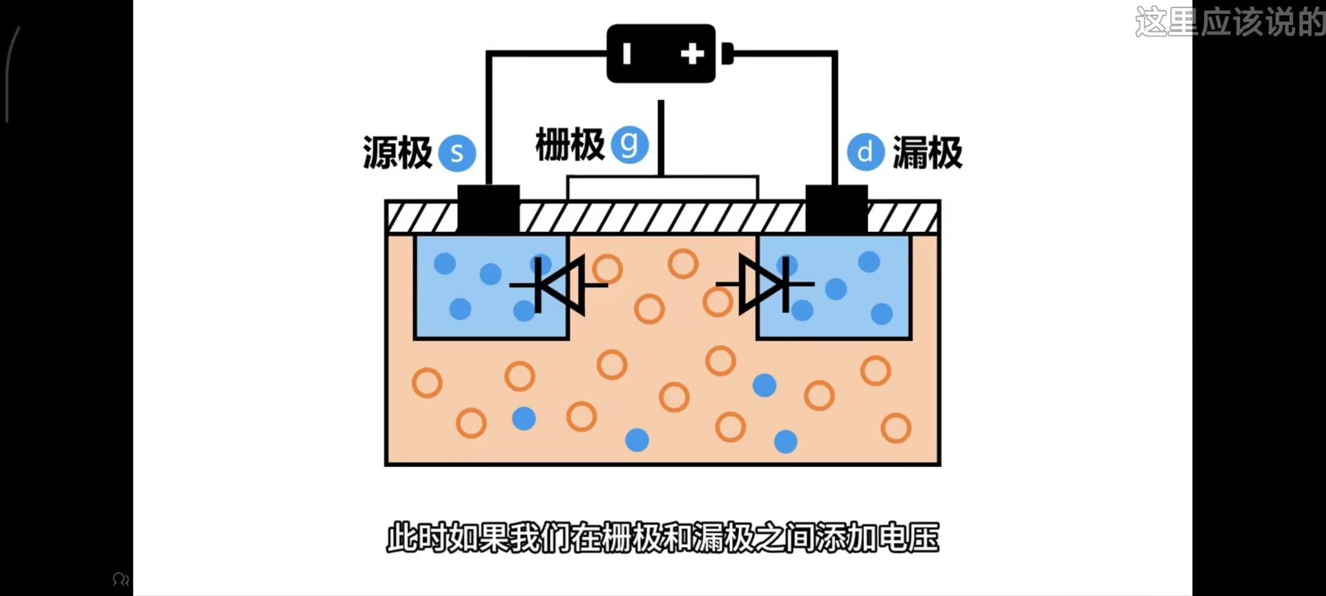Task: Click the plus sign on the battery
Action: [x=692, y=54]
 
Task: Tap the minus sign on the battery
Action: [x=626, y=54]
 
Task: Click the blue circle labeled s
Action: [x=457, y=153]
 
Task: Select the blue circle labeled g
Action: [x=629, y=144]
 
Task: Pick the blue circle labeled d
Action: [x=865, y=152]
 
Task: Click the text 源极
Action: [x=397, y=153]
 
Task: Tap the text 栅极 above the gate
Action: [x=570, y=145]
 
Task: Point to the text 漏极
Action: [x=928, y=153]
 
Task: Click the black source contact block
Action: [x=488, y=209]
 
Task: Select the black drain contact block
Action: [x=836, y=209]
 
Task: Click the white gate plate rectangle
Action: [x=662, y=188]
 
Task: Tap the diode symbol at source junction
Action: [x=559, y=285]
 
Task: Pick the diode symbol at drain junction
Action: [x=765, y=284]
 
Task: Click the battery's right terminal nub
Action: [x=727, y=53]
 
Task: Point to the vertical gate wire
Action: [x=661, y=138]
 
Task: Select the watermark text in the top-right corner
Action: [x=1230, y=22]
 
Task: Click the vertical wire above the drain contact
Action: [x=835, y=117]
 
